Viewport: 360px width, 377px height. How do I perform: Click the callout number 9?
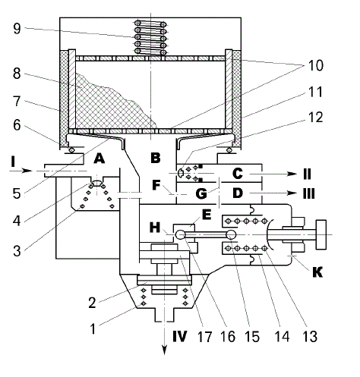click(x=17, y=29)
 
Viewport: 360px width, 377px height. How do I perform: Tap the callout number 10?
click(x=316, y=65)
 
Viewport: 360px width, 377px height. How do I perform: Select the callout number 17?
click(x=204, y=337)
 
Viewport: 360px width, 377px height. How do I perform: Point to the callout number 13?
click(x=310, y=337)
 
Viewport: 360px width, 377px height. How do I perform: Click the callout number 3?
click(x=17, y=251)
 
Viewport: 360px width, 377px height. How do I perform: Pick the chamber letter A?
click(x=99, y=159)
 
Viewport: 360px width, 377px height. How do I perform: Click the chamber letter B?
click(x=156, y=158)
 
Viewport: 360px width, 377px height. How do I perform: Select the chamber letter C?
click(x=238, y=174)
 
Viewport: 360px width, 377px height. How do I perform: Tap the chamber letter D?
click(x=238, y=193)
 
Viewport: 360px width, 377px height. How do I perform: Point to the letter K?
click(x=317, y=272)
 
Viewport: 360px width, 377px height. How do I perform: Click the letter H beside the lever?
click(x=155, y=228)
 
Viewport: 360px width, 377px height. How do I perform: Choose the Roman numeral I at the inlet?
click(x=13, y=162)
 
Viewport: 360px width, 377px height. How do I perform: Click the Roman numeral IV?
click(x=180, y=336)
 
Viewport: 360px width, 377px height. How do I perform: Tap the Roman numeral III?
click(x=309, y=193)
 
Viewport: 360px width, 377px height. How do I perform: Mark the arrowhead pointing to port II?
click(x=292, y=174)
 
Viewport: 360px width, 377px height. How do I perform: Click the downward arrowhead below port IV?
click(x=165, y=350)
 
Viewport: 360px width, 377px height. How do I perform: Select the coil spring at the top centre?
click(x=150, y=37)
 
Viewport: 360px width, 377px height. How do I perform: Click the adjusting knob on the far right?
click(x=321, y=234)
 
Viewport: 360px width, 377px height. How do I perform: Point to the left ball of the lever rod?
click(x=181, y=234)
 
